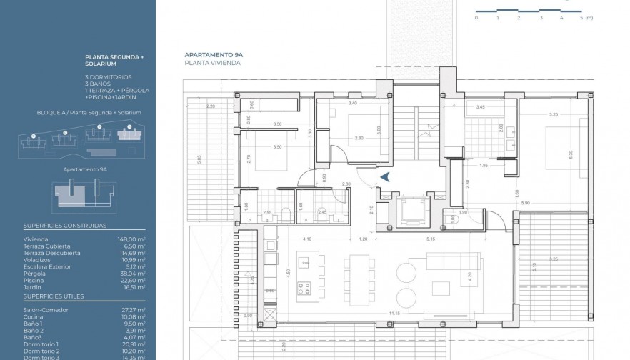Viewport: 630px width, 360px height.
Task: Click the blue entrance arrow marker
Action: (384, 179)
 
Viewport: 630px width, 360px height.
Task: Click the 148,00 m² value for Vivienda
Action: (131, 239)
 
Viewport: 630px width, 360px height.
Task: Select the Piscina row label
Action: (34, 280)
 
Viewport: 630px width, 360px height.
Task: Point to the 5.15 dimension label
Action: (431, 238)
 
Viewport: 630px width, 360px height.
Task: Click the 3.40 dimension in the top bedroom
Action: (352, 104)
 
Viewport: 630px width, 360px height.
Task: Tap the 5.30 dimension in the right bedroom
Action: (570, 154)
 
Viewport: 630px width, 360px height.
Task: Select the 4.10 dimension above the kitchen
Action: (307, 238)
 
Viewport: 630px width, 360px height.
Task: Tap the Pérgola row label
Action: (34, 274)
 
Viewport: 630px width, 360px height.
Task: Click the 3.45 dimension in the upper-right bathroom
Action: (480, 107)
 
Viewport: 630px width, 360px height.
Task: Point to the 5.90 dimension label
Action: (526, 204)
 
